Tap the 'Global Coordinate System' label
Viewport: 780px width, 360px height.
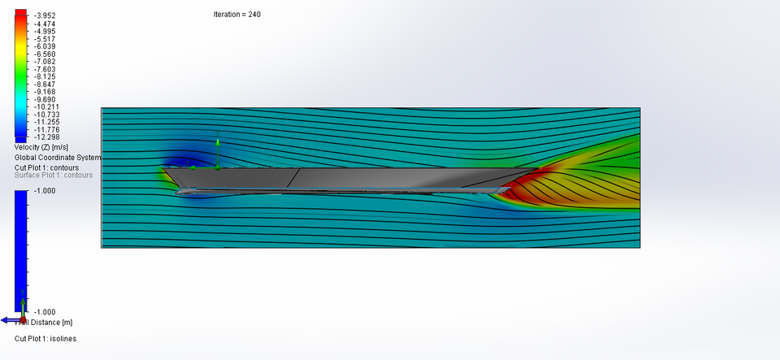point(58,157)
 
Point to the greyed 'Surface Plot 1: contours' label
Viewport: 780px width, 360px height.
point(54,175)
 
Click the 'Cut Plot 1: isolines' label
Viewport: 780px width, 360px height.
point(45,338)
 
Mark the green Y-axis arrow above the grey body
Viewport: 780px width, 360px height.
point(218,145)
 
